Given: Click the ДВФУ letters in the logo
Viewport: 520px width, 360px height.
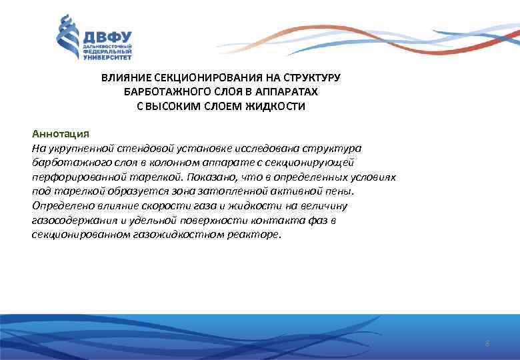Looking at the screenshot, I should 107,36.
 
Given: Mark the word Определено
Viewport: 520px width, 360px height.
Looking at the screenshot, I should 59,206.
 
